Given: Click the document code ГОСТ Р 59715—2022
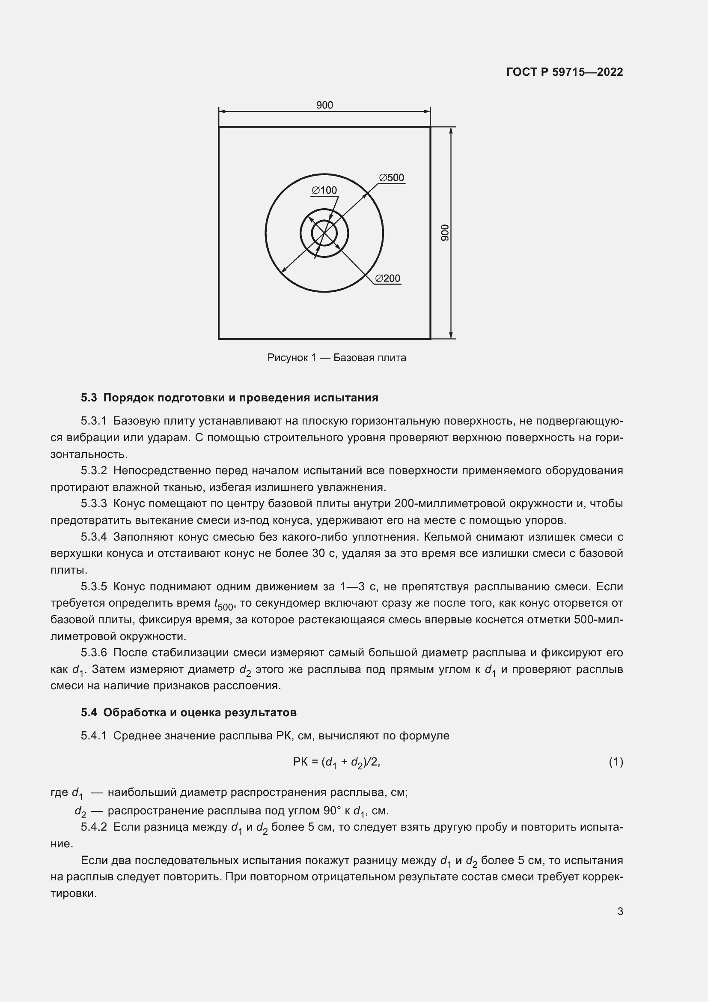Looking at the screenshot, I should (x=565, y=72).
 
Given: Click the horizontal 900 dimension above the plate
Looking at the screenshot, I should (x=324, y=105).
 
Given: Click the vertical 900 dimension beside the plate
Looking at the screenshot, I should (x=445, y=233).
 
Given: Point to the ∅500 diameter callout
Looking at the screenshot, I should (x=392, y=178).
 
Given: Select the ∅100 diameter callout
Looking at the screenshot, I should (x=324, y=190).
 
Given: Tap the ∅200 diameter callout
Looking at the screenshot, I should (x=387, y=278).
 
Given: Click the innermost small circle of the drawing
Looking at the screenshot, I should (x=324, y=233).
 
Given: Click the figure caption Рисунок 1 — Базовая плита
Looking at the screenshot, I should (x=336, y=358).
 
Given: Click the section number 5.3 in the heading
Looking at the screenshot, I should (x=89, y=398).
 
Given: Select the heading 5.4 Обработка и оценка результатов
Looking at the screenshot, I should (x=189, y=713).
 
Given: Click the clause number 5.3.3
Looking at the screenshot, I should (x=94, y=504).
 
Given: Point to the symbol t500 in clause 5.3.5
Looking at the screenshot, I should (x=223, y=604).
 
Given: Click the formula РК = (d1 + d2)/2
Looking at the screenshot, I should (x=336, y=762).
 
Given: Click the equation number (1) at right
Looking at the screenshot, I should (x=616, y=762).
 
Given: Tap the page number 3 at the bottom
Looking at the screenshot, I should (x=620, y=912).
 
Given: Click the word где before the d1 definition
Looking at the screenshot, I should (x=60, y=792).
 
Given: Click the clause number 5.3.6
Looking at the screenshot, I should (x=94, y=653).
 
